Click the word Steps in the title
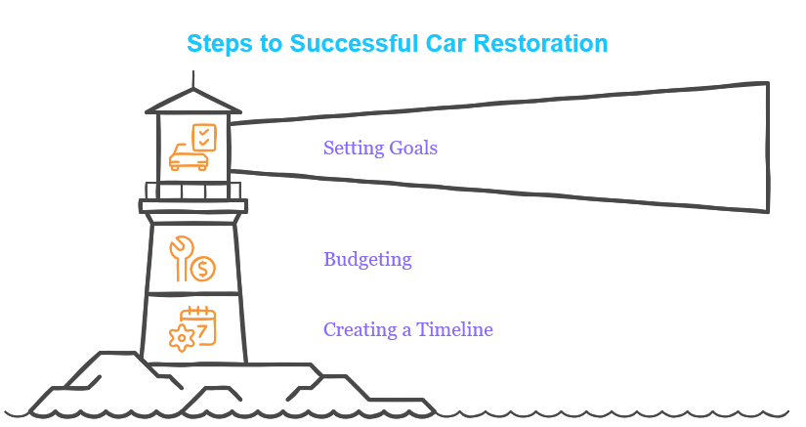(220, 44)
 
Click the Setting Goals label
(380, 148)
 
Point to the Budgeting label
(367, 260)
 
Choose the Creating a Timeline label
(408, 329)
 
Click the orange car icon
(189, 157)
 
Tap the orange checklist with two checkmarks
(204, 137)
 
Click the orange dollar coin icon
(202, 269)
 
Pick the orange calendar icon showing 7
(199, 325)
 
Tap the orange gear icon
(182, 338)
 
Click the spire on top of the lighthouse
(193, 80)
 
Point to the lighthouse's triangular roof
(193, 102)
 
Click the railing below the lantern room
(193, 191)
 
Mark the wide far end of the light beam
(769, 147)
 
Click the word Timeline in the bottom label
(454, 329)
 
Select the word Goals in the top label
(413, 148)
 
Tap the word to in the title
(272, 44)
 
